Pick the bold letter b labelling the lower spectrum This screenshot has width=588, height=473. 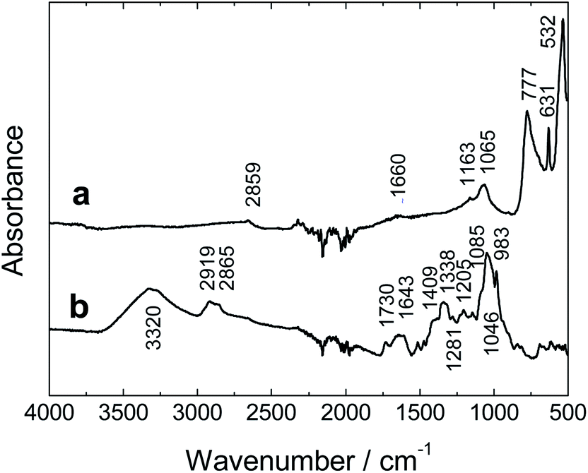click(83, 311)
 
